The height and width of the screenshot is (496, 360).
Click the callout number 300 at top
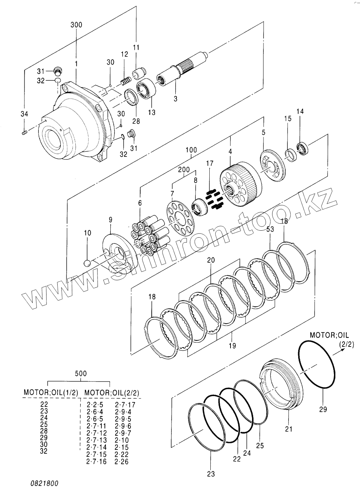coord(76,25)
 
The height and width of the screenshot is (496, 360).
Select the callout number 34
coord(24,114)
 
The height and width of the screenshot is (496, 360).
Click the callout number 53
coord(270,229)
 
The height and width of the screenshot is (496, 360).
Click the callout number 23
coord(211,474)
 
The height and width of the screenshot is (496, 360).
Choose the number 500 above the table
coord(81,373)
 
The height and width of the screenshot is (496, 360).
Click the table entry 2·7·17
coord(125,404)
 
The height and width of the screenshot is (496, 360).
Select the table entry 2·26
coord(122,462)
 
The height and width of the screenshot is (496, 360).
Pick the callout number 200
coord(184,170)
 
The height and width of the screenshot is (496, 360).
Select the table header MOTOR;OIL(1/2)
coord(51,393)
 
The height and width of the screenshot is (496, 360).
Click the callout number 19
coord(232,345)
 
